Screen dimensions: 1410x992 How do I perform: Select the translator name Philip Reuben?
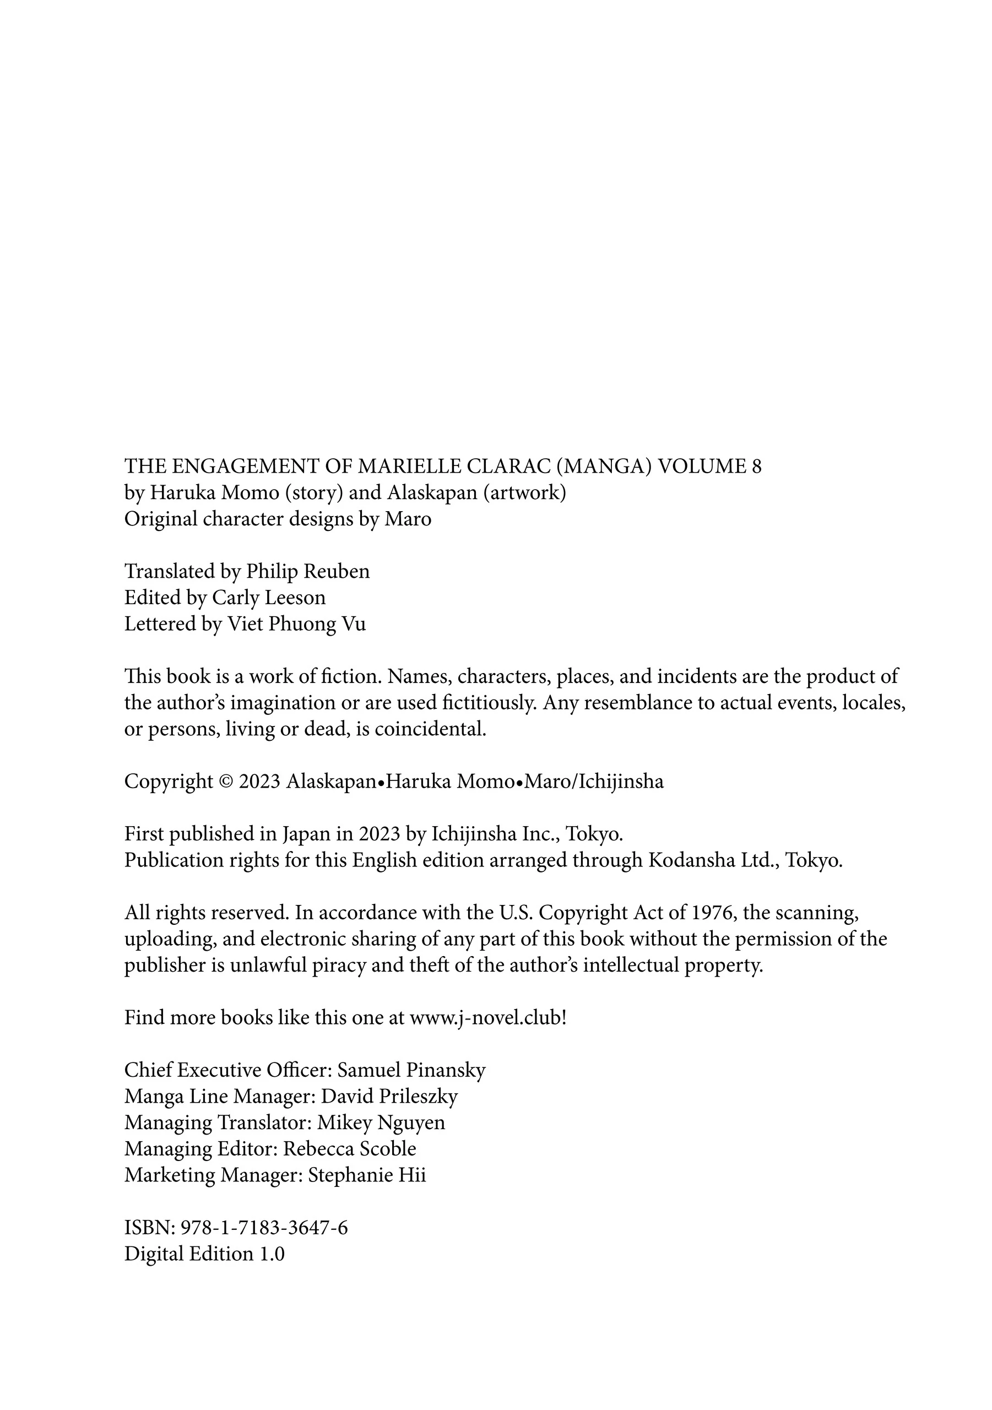(308, 572)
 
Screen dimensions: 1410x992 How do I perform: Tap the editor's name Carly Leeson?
(268, 598)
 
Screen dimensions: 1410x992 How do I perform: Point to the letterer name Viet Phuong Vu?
(297, 624)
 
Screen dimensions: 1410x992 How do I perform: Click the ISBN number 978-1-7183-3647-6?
(263, 1228)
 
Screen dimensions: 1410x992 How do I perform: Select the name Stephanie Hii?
(367, 1175)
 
